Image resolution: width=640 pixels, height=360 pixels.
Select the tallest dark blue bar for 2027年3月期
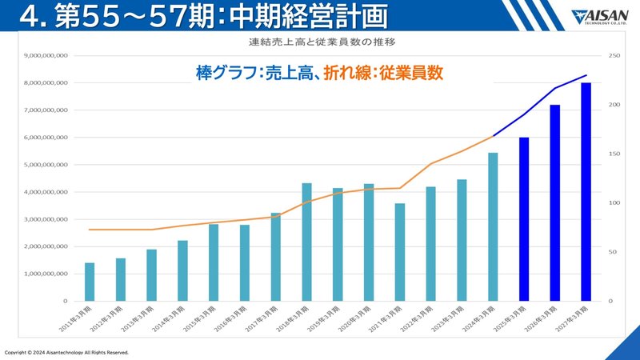[586, 192]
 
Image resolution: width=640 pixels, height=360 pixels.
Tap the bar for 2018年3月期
[306, 242]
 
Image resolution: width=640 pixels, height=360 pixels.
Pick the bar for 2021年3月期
[400, 252]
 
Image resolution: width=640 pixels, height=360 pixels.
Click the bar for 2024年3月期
[493, 226]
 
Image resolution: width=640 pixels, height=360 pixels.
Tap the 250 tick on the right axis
[614, 56]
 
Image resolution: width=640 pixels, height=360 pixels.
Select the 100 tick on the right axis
[614, 203]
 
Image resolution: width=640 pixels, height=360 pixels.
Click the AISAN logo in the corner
[601, 16]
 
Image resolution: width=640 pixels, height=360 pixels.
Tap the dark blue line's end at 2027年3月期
[586, 75]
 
